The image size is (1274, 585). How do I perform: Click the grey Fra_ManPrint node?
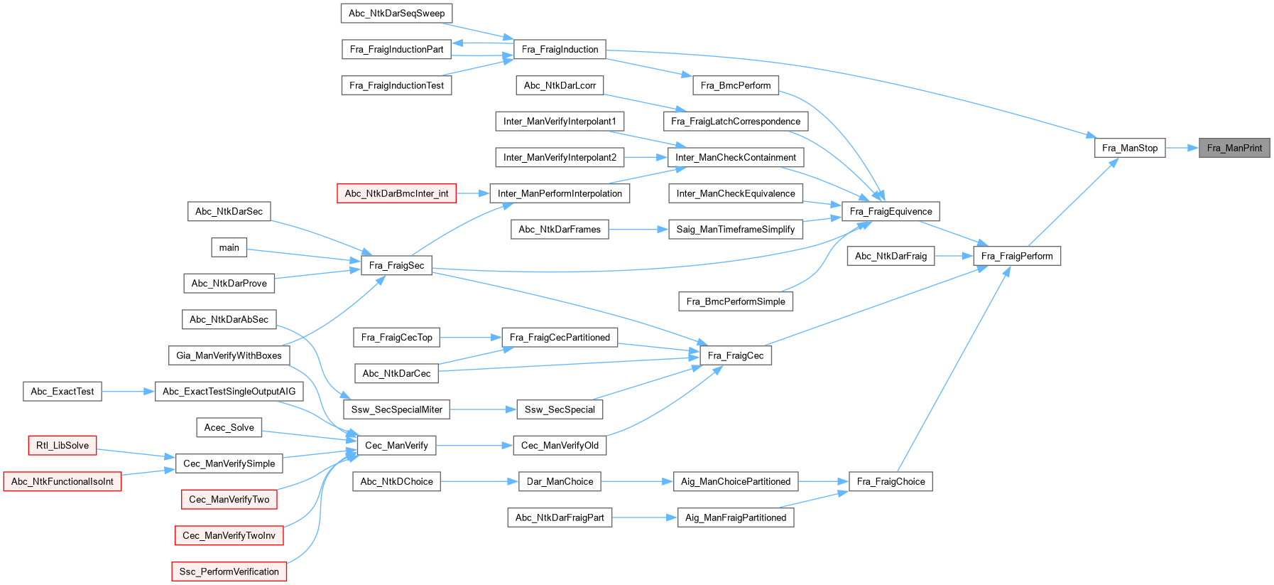[1234, 148]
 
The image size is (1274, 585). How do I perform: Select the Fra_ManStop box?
[1129, 148]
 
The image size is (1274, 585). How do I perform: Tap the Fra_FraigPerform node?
[1016, 256]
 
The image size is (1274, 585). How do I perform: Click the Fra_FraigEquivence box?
[891, 211]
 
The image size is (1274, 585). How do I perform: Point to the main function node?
[229, 247]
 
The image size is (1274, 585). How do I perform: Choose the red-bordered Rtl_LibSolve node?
[62, 446]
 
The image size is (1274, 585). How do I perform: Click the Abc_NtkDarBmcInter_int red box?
[396, 193]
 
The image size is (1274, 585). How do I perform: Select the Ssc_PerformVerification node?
[229, 571]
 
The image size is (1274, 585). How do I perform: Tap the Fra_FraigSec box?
[396, 265]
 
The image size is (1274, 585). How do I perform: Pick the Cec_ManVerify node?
[396, 446]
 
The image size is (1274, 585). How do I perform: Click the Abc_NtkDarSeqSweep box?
[396, 13]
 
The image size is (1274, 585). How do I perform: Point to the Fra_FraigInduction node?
[560, 49]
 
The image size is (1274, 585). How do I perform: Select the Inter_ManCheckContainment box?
[735, 157]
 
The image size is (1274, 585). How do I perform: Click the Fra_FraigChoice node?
[891, 481]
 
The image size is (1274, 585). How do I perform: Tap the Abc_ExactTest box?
[62, 391]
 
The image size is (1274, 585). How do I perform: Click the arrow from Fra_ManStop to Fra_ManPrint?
[1182, 148]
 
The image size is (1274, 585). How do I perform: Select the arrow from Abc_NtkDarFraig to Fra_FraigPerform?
[954, 256]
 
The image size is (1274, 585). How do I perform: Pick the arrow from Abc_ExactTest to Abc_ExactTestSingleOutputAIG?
[129, 391]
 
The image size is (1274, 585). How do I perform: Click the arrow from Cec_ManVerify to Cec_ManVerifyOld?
[474, 446]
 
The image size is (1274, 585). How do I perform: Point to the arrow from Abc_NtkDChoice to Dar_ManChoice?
[479, 481]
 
